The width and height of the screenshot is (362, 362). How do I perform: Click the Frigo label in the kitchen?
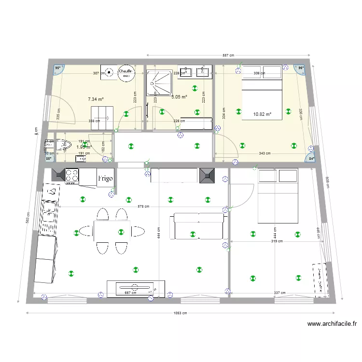pyautogui.click(x=106, y=178)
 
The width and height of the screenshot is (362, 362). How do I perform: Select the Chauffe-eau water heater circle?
pyautogui.click(x=125, y=72)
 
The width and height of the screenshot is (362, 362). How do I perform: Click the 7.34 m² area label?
pyautogui.click(x=96, y=99)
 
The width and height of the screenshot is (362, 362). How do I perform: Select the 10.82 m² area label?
pyautogui.click(x=262, y=114)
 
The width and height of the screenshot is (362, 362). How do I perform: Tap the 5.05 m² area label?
pyautogui.click(x=179, y=97)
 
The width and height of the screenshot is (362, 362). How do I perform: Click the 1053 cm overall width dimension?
pyautogui.click(x=181, y=313)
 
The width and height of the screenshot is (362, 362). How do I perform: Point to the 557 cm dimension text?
pyautogui.click(x=228, y=55)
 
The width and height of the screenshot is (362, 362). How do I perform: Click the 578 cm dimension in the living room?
pyautogui.click(x=144, y=206)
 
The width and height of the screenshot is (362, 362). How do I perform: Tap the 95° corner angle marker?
pyautogui.click(x=58, y=69)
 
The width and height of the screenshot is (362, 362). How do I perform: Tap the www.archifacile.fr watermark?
pyautogui.click(x=332, y=324)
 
